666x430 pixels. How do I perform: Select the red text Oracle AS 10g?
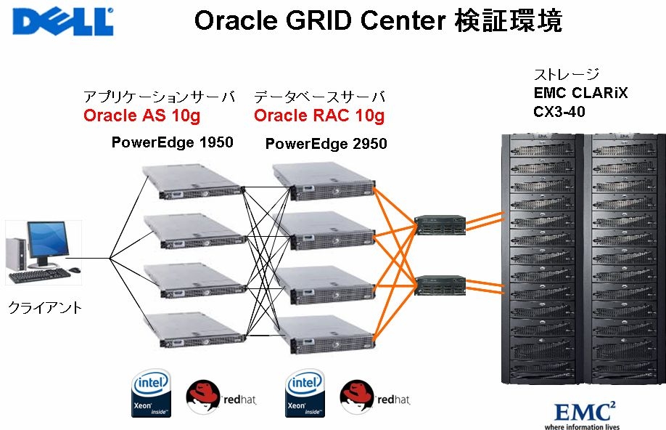[141, 115]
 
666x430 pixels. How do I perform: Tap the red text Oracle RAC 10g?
[319, 115]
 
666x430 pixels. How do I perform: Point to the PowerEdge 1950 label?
[173, 142]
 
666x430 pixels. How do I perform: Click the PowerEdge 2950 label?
[326, 144]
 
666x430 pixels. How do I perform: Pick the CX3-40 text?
[559, 112]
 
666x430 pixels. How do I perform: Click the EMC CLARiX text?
[581, 93]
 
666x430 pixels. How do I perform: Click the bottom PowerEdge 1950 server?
[193, 329]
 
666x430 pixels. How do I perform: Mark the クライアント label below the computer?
[45, 308]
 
